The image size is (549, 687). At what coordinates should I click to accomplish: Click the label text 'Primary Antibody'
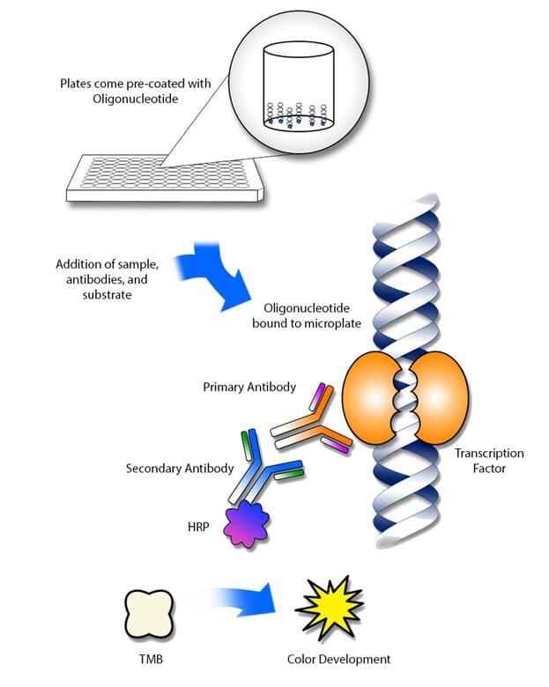coord(249,387)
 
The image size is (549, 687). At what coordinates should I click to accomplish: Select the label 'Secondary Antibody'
coord(180,468)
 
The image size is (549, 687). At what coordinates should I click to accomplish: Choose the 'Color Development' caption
coord(338,659)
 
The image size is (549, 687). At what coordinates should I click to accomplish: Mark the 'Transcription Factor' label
coord(488,461)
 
